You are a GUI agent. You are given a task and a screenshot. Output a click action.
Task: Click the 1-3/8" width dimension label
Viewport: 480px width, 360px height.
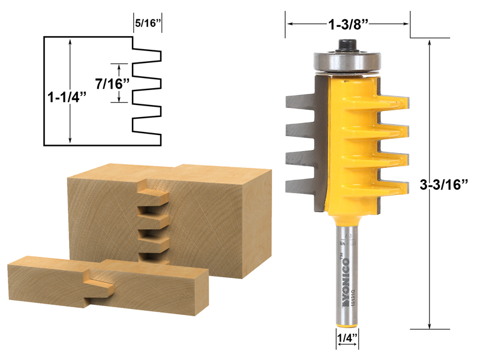[347, 25]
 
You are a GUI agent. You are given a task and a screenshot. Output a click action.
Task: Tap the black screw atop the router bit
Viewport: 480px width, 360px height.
[347, 45]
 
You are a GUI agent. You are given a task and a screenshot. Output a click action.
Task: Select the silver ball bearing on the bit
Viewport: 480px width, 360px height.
[347, 61]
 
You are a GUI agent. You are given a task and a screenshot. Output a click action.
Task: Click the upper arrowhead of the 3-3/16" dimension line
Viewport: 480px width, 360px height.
[430, 43]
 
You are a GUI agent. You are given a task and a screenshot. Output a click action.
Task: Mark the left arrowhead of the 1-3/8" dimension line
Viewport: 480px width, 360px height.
[289, 25]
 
